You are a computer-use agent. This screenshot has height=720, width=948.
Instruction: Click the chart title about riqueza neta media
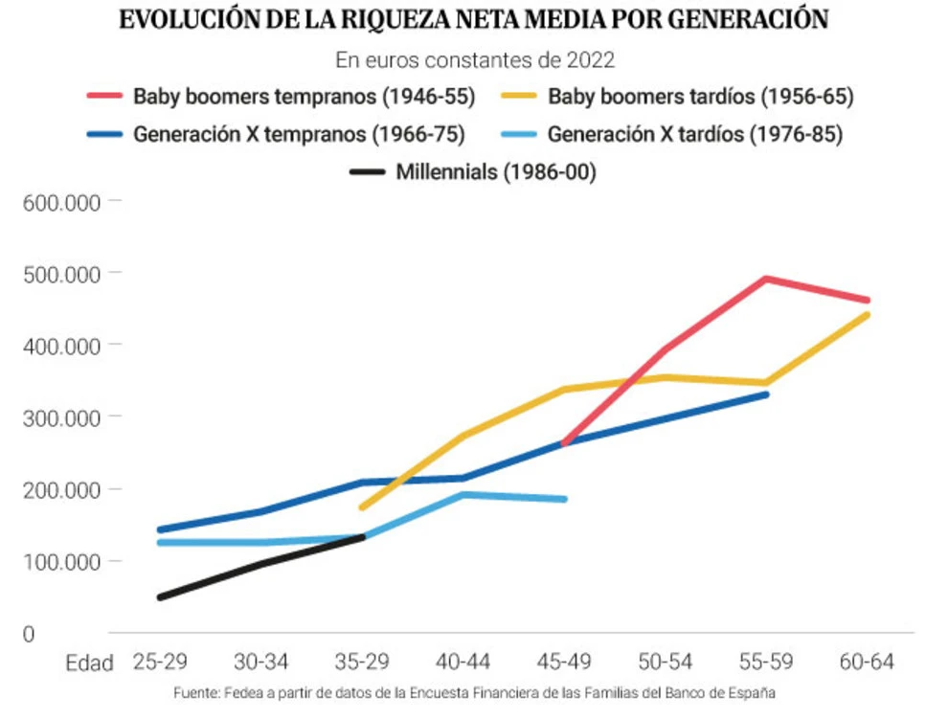point(474,20)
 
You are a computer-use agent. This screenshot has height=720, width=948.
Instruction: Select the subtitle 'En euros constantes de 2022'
point(474,60)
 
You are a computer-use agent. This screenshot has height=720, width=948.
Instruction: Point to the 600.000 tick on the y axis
point(61,201)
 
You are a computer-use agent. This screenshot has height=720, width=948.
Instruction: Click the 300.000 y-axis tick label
point(61,417)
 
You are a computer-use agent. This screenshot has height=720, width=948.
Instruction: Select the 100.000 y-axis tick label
point(61,562)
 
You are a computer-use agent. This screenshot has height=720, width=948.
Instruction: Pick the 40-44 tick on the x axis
point(463,662)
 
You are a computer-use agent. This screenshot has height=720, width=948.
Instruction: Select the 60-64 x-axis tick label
point(868,662)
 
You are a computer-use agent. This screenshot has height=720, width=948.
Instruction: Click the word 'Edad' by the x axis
point(89,663)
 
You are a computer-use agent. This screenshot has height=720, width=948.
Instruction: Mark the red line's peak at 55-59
point(765,279)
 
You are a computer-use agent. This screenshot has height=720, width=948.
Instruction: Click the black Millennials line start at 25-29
point(161,596)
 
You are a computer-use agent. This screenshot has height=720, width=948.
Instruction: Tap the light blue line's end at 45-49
point(564,499)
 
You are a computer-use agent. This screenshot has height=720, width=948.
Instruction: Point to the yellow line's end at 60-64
point(867,315)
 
